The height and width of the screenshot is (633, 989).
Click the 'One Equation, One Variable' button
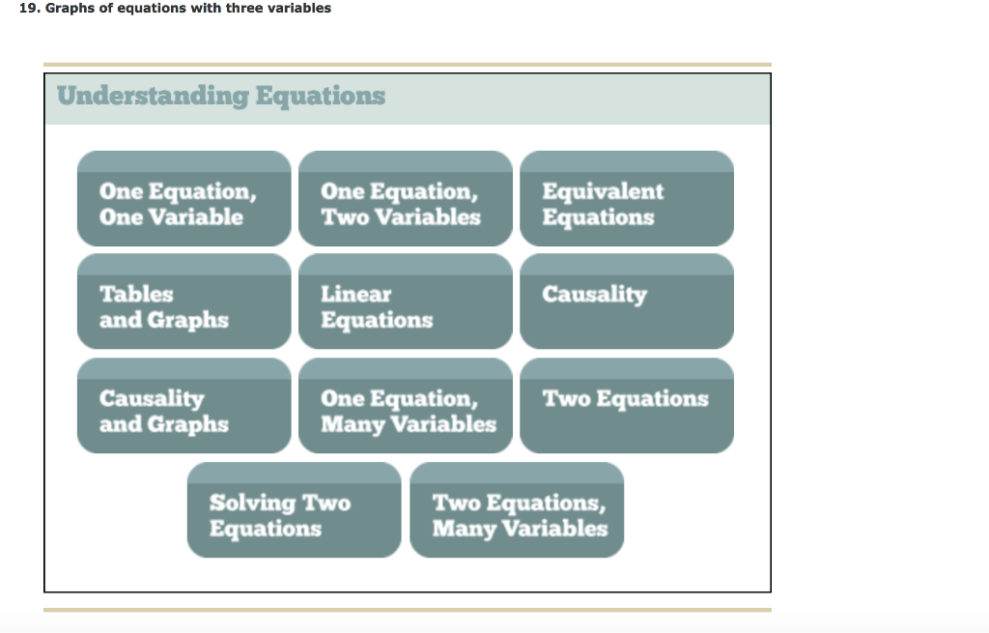coord(184,198)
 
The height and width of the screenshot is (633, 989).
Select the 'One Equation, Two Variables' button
coord(406,198)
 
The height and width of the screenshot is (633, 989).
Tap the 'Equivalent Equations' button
coord(627,198)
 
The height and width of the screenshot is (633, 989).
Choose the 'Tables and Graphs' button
coord(184,302)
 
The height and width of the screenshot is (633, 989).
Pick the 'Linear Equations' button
coord(406,302)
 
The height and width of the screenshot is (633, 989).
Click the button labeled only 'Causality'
coord(627,302)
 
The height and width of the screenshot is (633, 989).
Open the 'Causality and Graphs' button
coord(184,406)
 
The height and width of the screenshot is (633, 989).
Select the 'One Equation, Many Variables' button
coord(406,406)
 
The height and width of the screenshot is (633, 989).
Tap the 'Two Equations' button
coord(627,406)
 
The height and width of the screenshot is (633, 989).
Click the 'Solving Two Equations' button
coord(294,510)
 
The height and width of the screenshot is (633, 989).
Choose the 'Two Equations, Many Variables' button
coord(517,510)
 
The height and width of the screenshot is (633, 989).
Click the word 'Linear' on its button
coord(356,294)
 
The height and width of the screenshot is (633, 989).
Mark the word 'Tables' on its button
coord(136,294)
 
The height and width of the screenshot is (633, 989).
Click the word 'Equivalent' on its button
coord(603,191)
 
